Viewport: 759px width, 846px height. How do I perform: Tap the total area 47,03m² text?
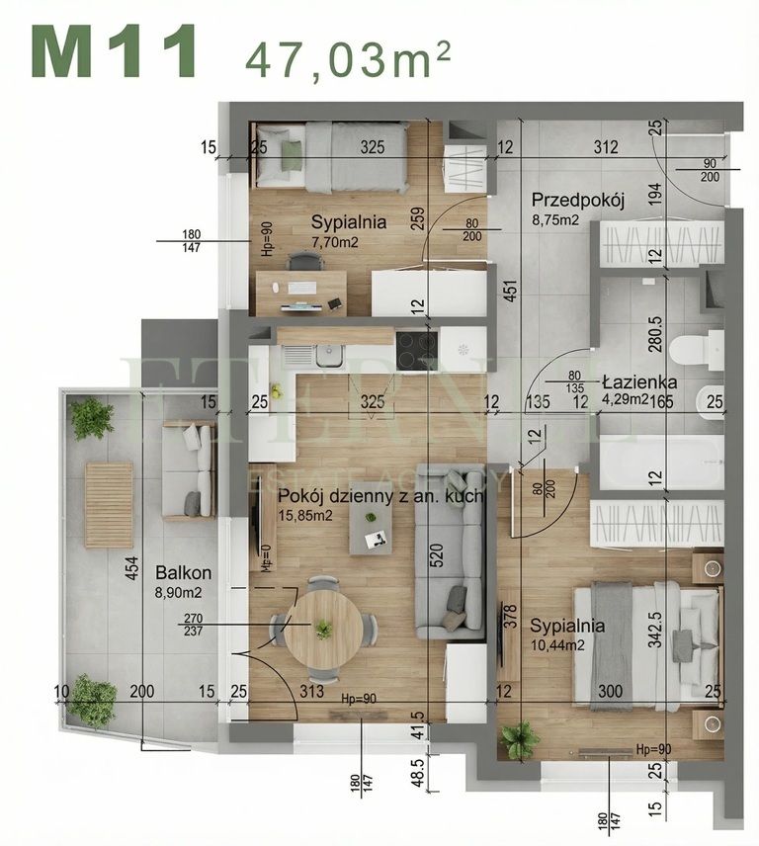tap(348, 58)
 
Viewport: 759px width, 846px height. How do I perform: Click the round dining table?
tap(323, 629)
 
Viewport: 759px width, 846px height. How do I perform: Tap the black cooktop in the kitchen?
tap(416, 348)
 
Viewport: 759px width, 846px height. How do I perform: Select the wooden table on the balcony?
tap(108, 504)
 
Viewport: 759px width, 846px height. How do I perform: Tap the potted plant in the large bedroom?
tap(519, 739)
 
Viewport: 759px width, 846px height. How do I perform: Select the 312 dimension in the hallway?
tap(606, 148)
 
